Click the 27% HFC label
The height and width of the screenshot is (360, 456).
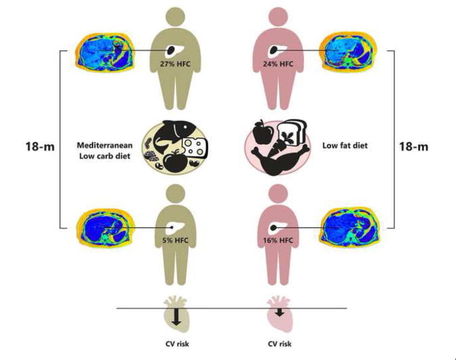tap(175, 64)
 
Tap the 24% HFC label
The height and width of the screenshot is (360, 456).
tap(278, 64)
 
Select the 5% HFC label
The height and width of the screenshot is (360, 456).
tap(175, 240)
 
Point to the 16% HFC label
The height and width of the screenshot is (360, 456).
tap(278, 240)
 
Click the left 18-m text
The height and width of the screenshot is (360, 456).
tap(40, 146)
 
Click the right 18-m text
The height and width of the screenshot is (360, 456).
tap(413, 146)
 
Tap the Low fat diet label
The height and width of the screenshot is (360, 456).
tap(345, 145)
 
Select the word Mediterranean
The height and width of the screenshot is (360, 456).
tap(104, 145)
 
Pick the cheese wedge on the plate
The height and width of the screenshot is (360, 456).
tap(195, 148)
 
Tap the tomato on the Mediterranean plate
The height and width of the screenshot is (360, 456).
tap(175, 162)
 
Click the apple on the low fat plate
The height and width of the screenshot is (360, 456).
tap(263, 132)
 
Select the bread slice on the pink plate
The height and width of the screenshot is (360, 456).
tap(292, 132)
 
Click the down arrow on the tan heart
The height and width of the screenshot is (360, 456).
tap(176, 317)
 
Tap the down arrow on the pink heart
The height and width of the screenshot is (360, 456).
tap(280, 313)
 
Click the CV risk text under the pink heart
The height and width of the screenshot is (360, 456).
tap(280, 344)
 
